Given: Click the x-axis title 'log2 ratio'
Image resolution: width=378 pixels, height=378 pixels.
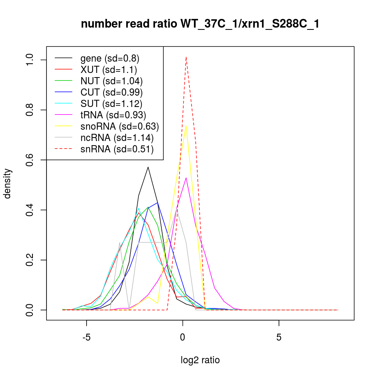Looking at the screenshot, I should (x=200, y=360).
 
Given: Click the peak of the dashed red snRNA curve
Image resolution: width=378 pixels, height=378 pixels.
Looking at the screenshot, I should (x=186, y=57).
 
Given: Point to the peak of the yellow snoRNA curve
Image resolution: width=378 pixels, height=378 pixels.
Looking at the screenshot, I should (x=186, y=125).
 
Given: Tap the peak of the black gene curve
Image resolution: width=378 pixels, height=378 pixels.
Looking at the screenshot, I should (x=148, y=167).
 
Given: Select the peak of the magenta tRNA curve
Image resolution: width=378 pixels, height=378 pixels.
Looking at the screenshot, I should (x=186, y=178).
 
